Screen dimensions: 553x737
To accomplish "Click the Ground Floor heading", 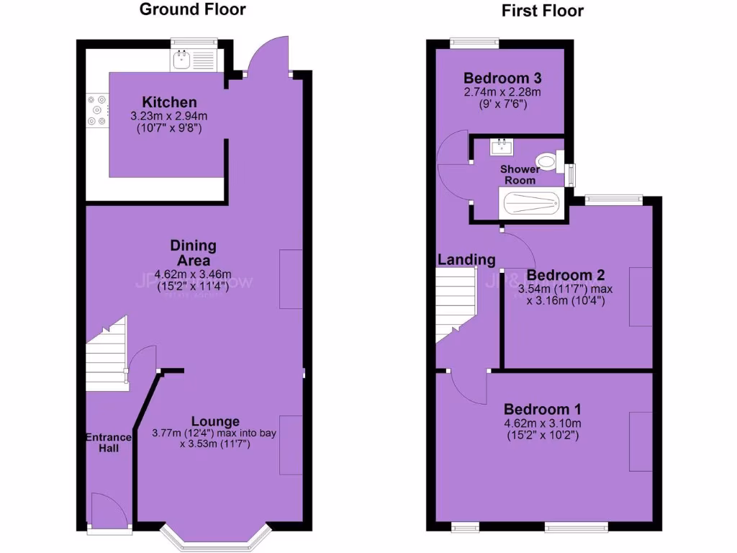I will (x=191, y=9).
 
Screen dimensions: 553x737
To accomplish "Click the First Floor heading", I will (x=543, y=10).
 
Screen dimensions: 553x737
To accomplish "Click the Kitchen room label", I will (x=169, y=102).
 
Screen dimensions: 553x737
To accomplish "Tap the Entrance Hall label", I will (x=109, y=442).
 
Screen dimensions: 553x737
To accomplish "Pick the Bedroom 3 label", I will (x=502, y=78).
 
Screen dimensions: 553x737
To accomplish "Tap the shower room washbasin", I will (x=502, y=148).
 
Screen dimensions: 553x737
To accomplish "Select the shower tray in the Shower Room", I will (x=532, y=203).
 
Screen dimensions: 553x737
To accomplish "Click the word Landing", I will (x=466, y=260).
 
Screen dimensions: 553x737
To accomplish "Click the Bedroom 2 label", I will (x=565, y=275).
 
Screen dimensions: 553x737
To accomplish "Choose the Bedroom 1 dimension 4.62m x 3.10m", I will (x=543, y=423).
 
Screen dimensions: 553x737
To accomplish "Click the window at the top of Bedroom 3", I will (x=475, y=42).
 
